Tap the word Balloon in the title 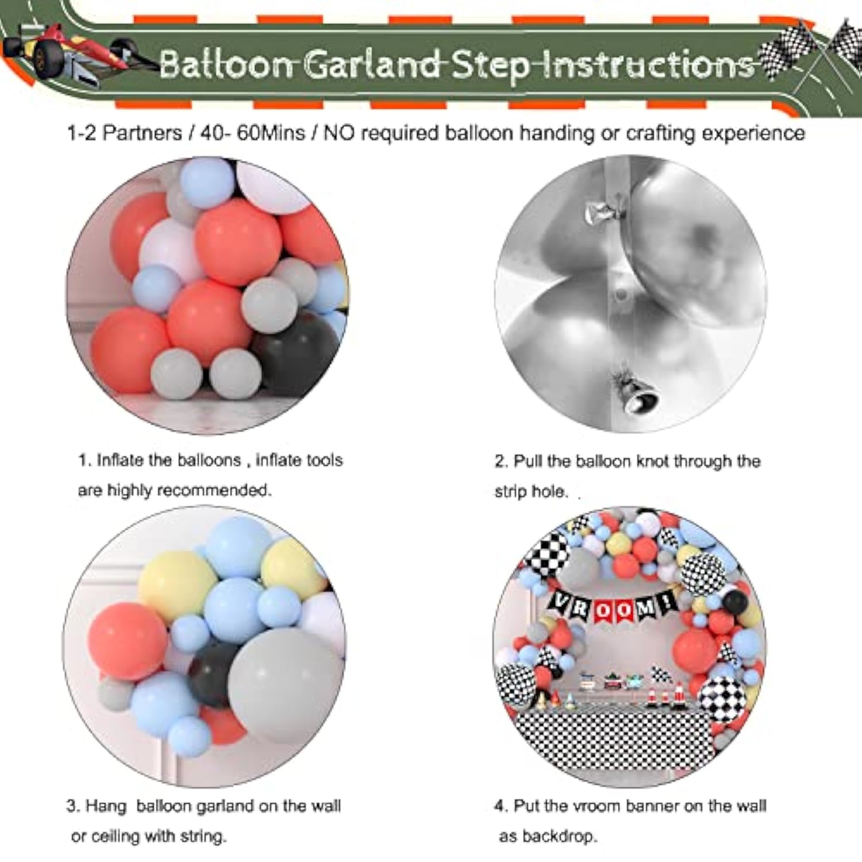pyautogui.click(x=227, y=64)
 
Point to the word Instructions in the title pyautogui.click(x=644, y=64)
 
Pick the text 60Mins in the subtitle pyautogui.click(x=271, y=133)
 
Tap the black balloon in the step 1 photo pyautogui.click(x=293, y=353)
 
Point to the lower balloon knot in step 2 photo pyautogui.click(x=635, y=394)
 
